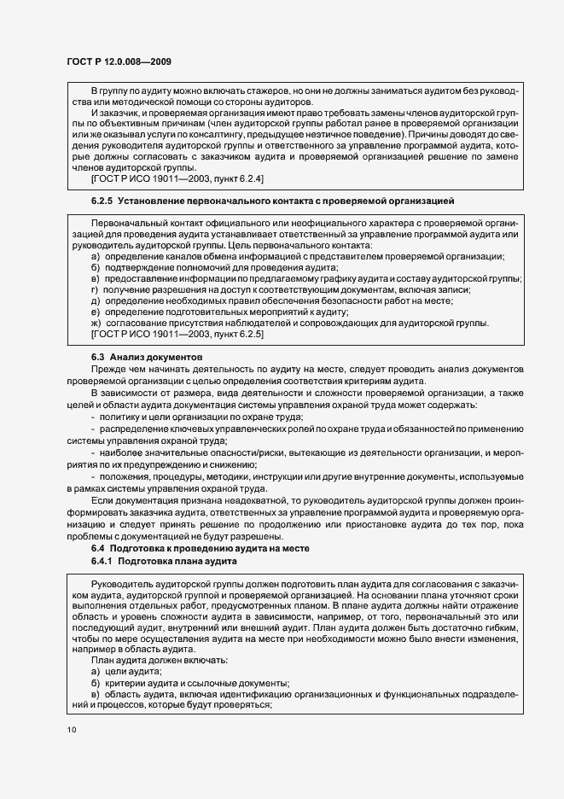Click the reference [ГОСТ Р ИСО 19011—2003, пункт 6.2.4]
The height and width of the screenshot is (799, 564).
[x=177, y=178]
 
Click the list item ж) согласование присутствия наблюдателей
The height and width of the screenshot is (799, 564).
[x=291, y=323]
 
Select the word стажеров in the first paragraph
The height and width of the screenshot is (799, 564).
[x=261, y=90]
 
